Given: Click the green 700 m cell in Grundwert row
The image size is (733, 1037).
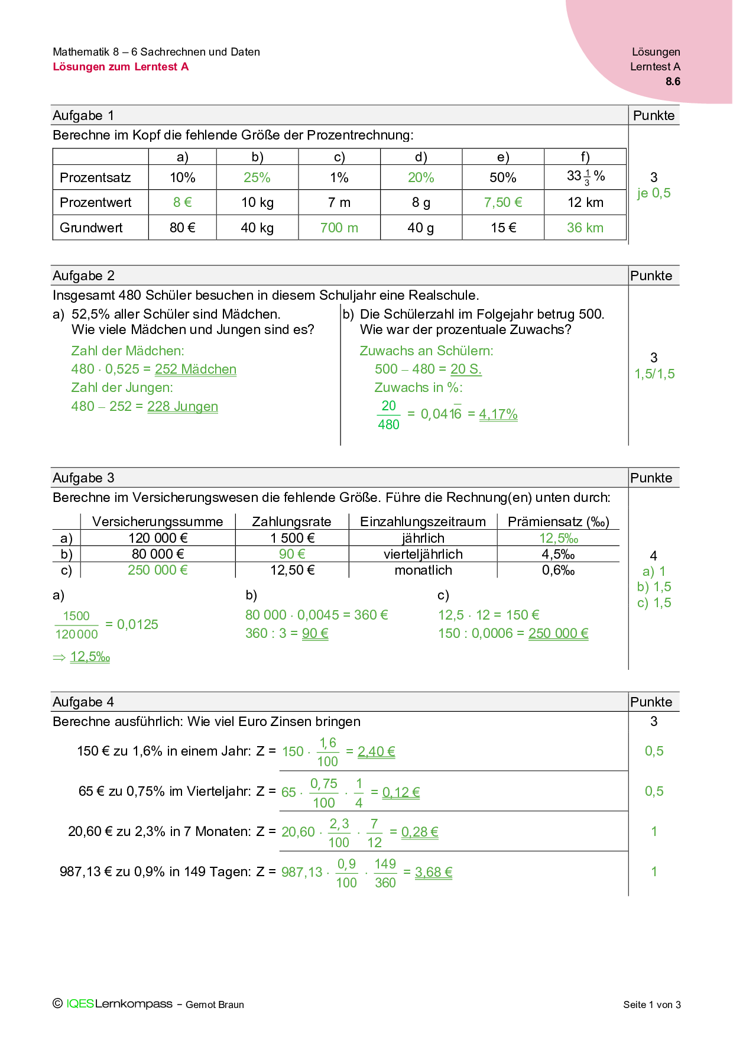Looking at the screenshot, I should (x=339, y=228).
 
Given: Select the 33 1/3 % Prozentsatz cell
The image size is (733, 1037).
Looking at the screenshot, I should (x=585, y=177).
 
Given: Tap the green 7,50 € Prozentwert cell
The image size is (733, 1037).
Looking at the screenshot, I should (x=502, y=202).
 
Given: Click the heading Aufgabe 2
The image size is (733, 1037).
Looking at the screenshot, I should (x=83, y=276).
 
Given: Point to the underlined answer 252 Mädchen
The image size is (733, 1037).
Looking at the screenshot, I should (x=195, y=370).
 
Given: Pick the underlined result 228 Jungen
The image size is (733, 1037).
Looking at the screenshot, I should (x=182, y=407).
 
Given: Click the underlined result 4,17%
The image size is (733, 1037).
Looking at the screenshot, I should (x=498, y=414).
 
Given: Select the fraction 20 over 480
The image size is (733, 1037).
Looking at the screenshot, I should (x=388, y=415).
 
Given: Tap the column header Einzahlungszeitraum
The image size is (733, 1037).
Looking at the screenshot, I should (x=423, y=521).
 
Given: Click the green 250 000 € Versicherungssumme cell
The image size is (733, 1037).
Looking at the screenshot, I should (x=158, y=570).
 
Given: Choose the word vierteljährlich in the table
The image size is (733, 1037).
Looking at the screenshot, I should (x=423, y=554).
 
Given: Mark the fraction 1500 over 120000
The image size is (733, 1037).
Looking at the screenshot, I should (x=76, y=625).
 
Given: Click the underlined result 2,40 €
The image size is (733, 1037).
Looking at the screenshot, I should (x=376, y=751).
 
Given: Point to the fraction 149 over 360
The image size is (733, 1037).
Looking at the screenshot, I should (x=385, y=873).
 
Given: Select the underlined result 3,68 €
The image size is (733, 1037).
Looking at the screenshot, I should (x=433, y=872).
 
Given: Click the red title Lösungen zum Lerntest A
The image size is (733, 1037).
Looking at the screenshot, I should (x=121, y=67).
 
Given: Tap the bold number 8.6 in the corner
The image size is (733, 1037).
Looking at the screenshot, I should (x=673, y=82).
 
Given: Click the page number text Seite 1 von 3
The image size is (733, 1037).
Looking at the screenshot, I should (x=651, y=1004).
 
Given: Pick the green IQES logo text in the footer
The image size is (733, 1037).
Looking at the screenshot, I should (x=80, y=1004).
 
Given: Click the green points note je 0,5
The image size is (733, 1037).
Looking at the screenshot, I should (x=653, y=193).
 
